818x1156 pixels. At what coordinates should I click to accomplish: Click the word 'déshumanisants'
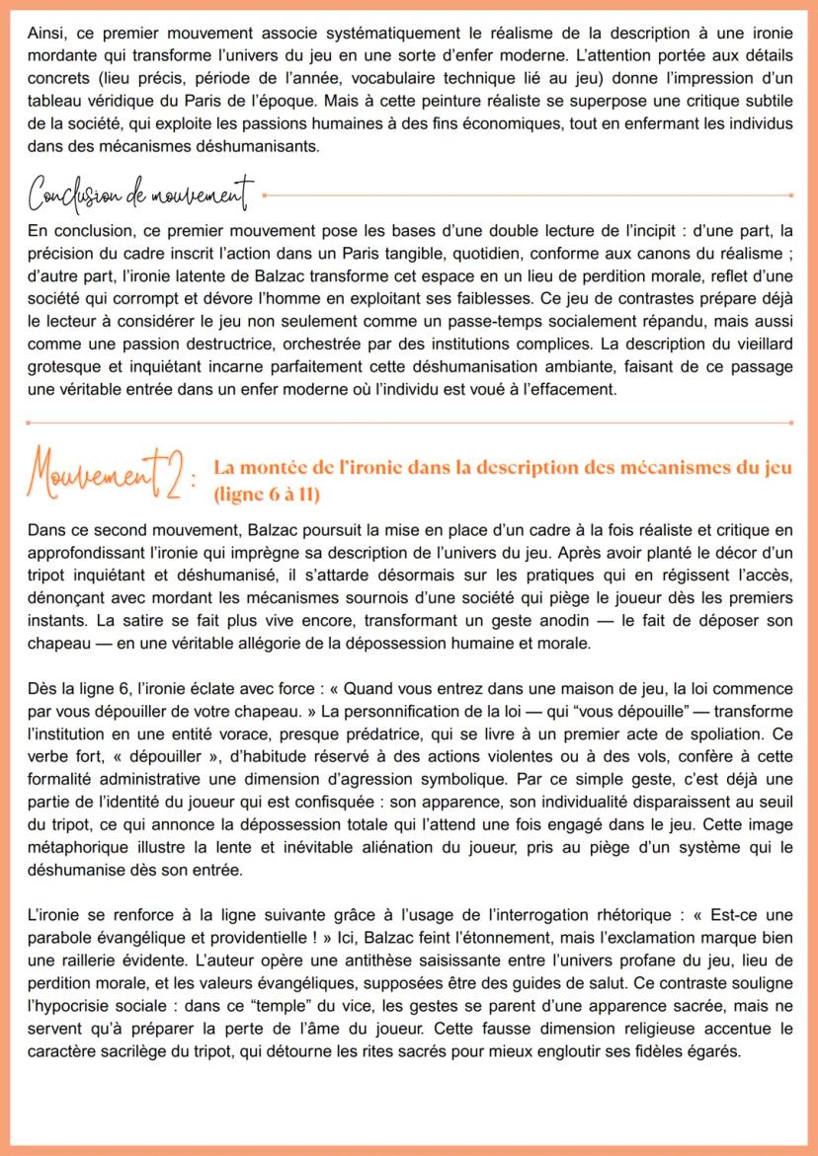[286, 146]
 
